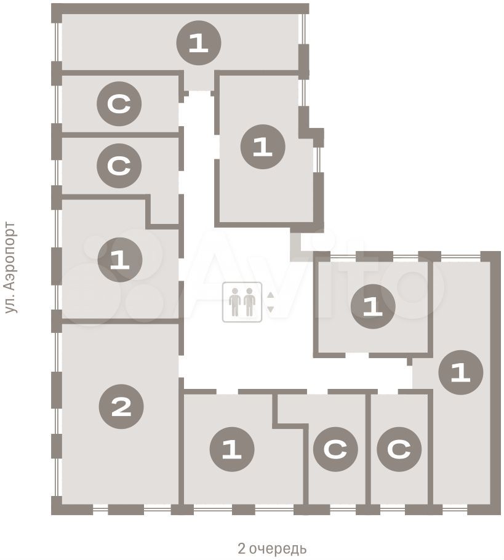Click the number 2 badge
pos(121,407)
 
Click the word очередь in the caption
pos(277,548)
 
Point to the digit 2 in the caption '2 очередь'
pos(241,548)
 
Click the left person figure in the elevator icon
pos(234,302)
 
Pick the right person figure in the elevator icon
pos(249,302)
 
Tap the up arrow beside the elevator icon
pos(270,295)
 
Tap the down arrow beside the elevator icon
pos(270,310)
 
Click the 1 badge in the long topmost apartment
pos(199,43)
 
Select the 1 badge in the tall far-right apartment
pos(461,373)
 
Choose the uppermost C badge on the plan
pos(119,104)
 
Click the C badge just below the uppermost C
pos(119,166)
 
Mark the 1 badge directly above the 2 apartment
pos(120,260)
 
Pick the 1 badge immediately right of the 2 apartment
pos(232,449)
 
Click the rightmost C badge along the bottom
pos(399,449)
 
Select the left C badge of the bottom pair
pos(335,449)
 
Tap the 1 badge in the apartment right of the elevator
pos(373,306)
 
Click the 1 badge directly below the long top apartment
pos(263,146)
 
